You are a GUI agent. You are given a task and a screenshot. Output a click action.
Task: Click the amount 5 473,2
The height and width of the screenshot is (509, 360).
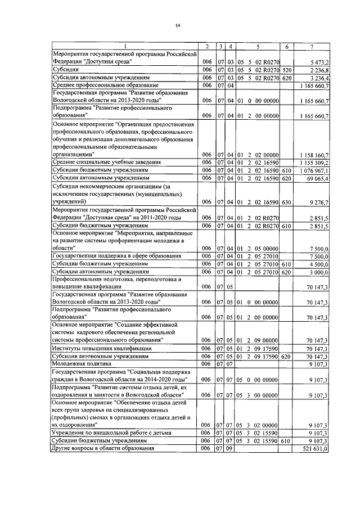[319, 61]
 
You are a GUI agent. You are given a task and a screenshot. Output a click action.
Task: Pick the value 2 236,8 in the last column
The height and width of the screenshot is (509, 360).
[319, 70]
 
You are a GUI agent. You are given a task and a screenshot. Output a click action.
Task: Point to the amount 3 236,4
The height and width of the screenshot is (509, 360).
[319, 78]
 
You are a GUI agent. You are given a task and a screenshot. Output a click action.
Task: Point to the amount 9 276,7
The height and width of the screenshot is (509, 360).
[319, 201]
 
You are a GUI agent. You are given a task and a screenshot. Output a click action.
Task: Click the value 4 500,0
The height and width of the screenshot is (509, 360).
[319, 263]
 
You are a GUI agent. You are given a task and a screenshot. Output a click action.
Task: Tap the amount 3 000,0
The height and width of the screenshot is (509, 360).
[319, 271]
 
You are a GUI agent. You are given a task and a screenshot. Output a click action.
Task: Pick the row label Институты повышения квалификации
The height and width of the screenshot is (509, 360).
[102, 349]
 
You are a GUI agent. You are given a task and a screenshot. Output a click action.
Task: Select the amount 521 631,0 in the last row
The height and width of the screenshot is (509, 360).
[317, 449]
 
